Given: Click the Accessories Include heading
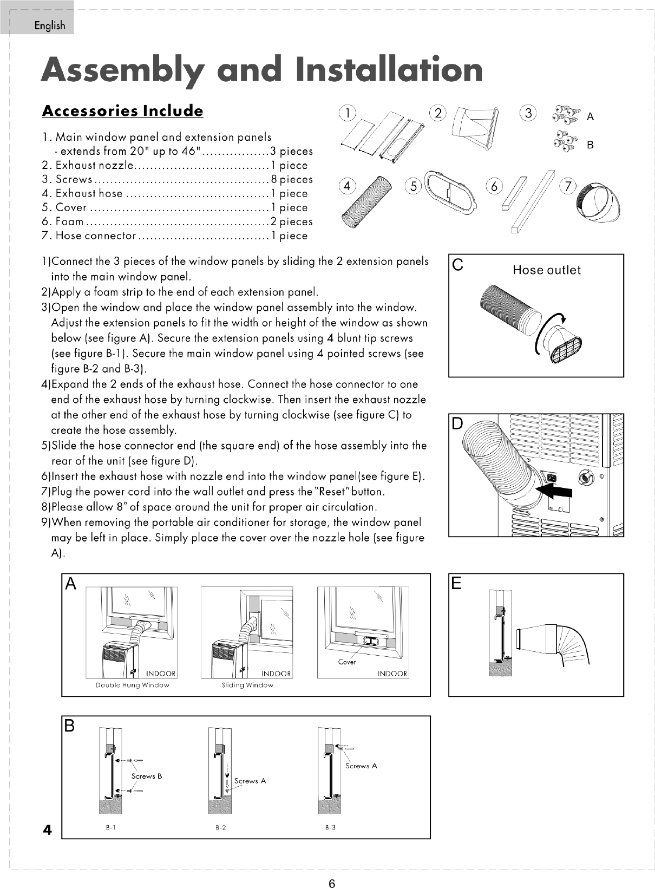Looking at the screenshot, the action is point(122,111).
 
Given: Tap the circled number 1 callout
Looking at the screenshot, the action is point(347,113).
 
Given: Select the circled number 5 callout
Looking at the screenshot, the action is point(413,186).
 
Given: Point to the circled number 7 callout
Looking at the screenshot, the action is point(568,186).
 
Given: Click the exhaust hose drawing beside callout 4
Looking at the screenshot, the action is point(366,202).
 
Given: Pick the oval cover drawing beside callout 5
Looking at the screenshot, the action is point(451,191).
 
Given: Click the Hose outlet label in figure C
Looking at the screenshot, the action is point(547,270).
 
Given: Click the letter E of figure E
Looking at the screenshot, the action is point(456,583).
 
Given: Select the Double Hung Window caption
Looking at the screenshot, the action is point(133,685).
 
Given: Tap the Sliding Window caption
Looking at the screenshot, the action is point(247,685).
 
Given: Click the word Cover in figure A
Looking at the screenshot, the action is point(347,662).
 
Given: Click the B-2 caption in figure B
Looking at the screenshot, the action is point(221,827).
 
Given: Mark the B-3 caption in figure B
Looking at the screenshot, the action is point(330,827).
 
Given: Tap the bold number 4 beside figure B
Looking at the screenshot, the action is point(47,830).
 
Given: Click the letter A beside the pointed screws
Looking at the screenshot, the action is point(590,117).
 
